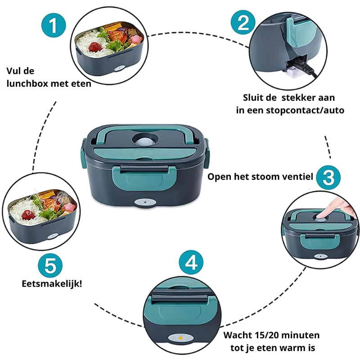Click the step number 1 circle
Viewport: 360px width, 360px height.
click(x=54, y=26)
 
